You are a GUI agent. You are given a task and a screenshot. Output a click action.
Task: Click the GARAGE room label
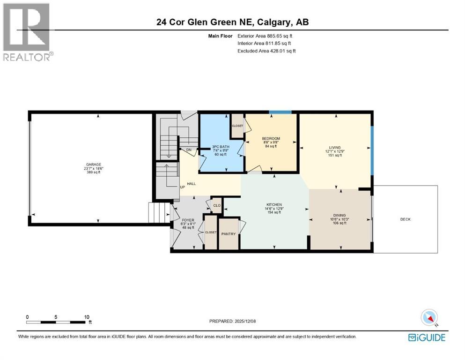pos(93,165)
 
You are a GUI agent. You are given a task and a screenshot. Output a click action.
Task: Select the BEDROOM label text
pos(271,138)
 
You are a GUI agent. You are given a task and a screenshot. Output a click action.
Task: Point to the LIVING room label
pos(334,147)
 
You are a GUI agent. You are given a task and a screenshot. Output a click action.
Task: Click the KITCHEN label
pos(274,205)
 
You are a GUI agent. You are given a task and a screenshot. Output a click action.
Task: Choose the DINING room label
pos(339,215)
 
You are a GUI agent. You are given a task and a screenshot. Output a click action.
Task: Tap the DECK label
pos(405,219)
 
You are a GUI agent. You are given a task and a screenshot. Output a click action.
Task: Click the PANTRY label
pos(229,234)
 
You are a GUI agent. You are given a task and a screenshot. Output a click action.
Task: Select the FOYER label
pos(187,220)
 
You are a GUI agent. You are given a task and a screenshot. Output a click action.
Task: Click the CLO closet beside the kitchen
pos(217,205)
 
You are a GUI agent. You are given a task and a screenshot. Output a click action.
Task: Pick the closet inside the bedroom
pos(237,126)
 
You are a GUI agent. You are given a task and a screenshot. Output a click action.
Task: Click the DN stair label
pos(189,150)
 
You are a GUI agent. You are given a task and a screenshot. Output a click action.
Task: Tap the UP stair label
pos(183,187)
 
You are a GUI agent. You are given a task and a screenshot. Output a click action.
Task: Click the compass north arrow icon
pos(429,318)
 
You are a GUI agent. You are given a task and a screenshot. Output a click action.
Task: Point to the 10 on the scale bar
pos(87,317)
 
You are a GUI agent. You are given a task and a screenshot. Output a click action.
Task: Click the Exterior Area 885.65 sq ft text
pos(266,35)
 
